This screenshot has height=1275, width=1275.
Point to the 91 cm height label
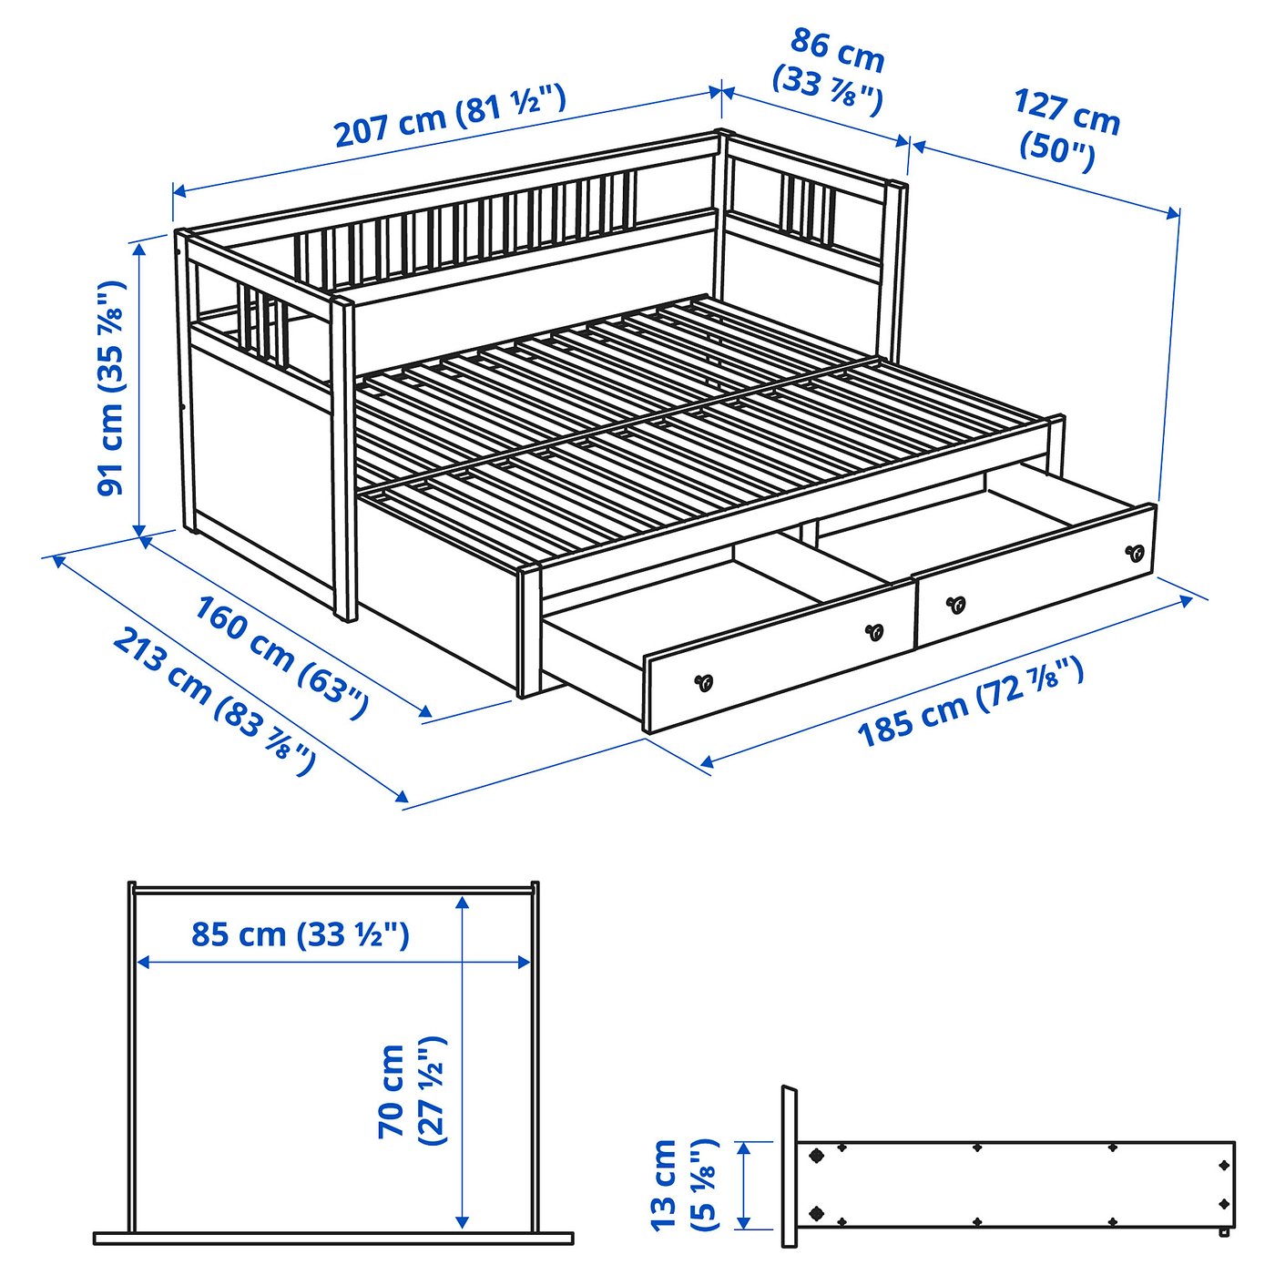111,388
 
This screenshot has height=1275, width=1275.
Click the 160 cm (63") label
280,657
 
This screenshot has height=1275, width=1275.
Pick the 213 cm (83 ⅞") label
214,702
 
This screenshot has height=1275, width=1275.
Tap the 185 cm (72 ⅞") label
971,702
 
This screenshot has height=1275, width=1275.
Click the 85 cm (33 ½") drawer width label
301,934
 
